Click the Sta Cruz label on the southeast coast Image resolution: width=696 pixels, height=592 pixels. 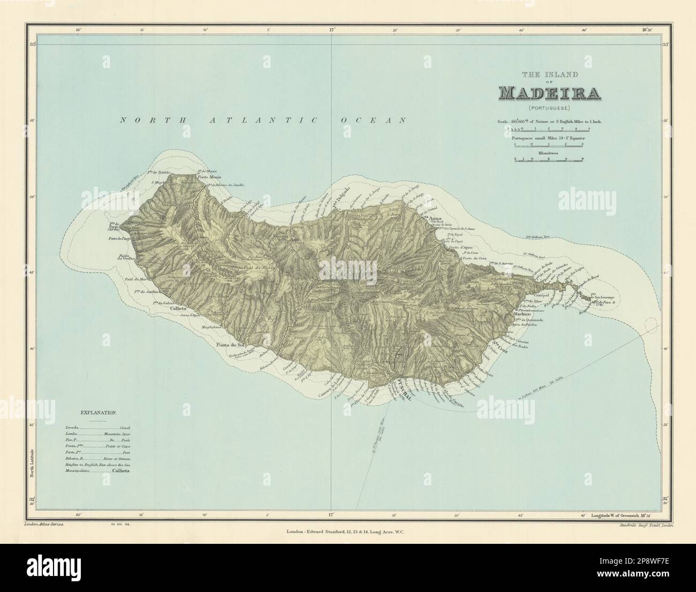click(500, 346)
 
